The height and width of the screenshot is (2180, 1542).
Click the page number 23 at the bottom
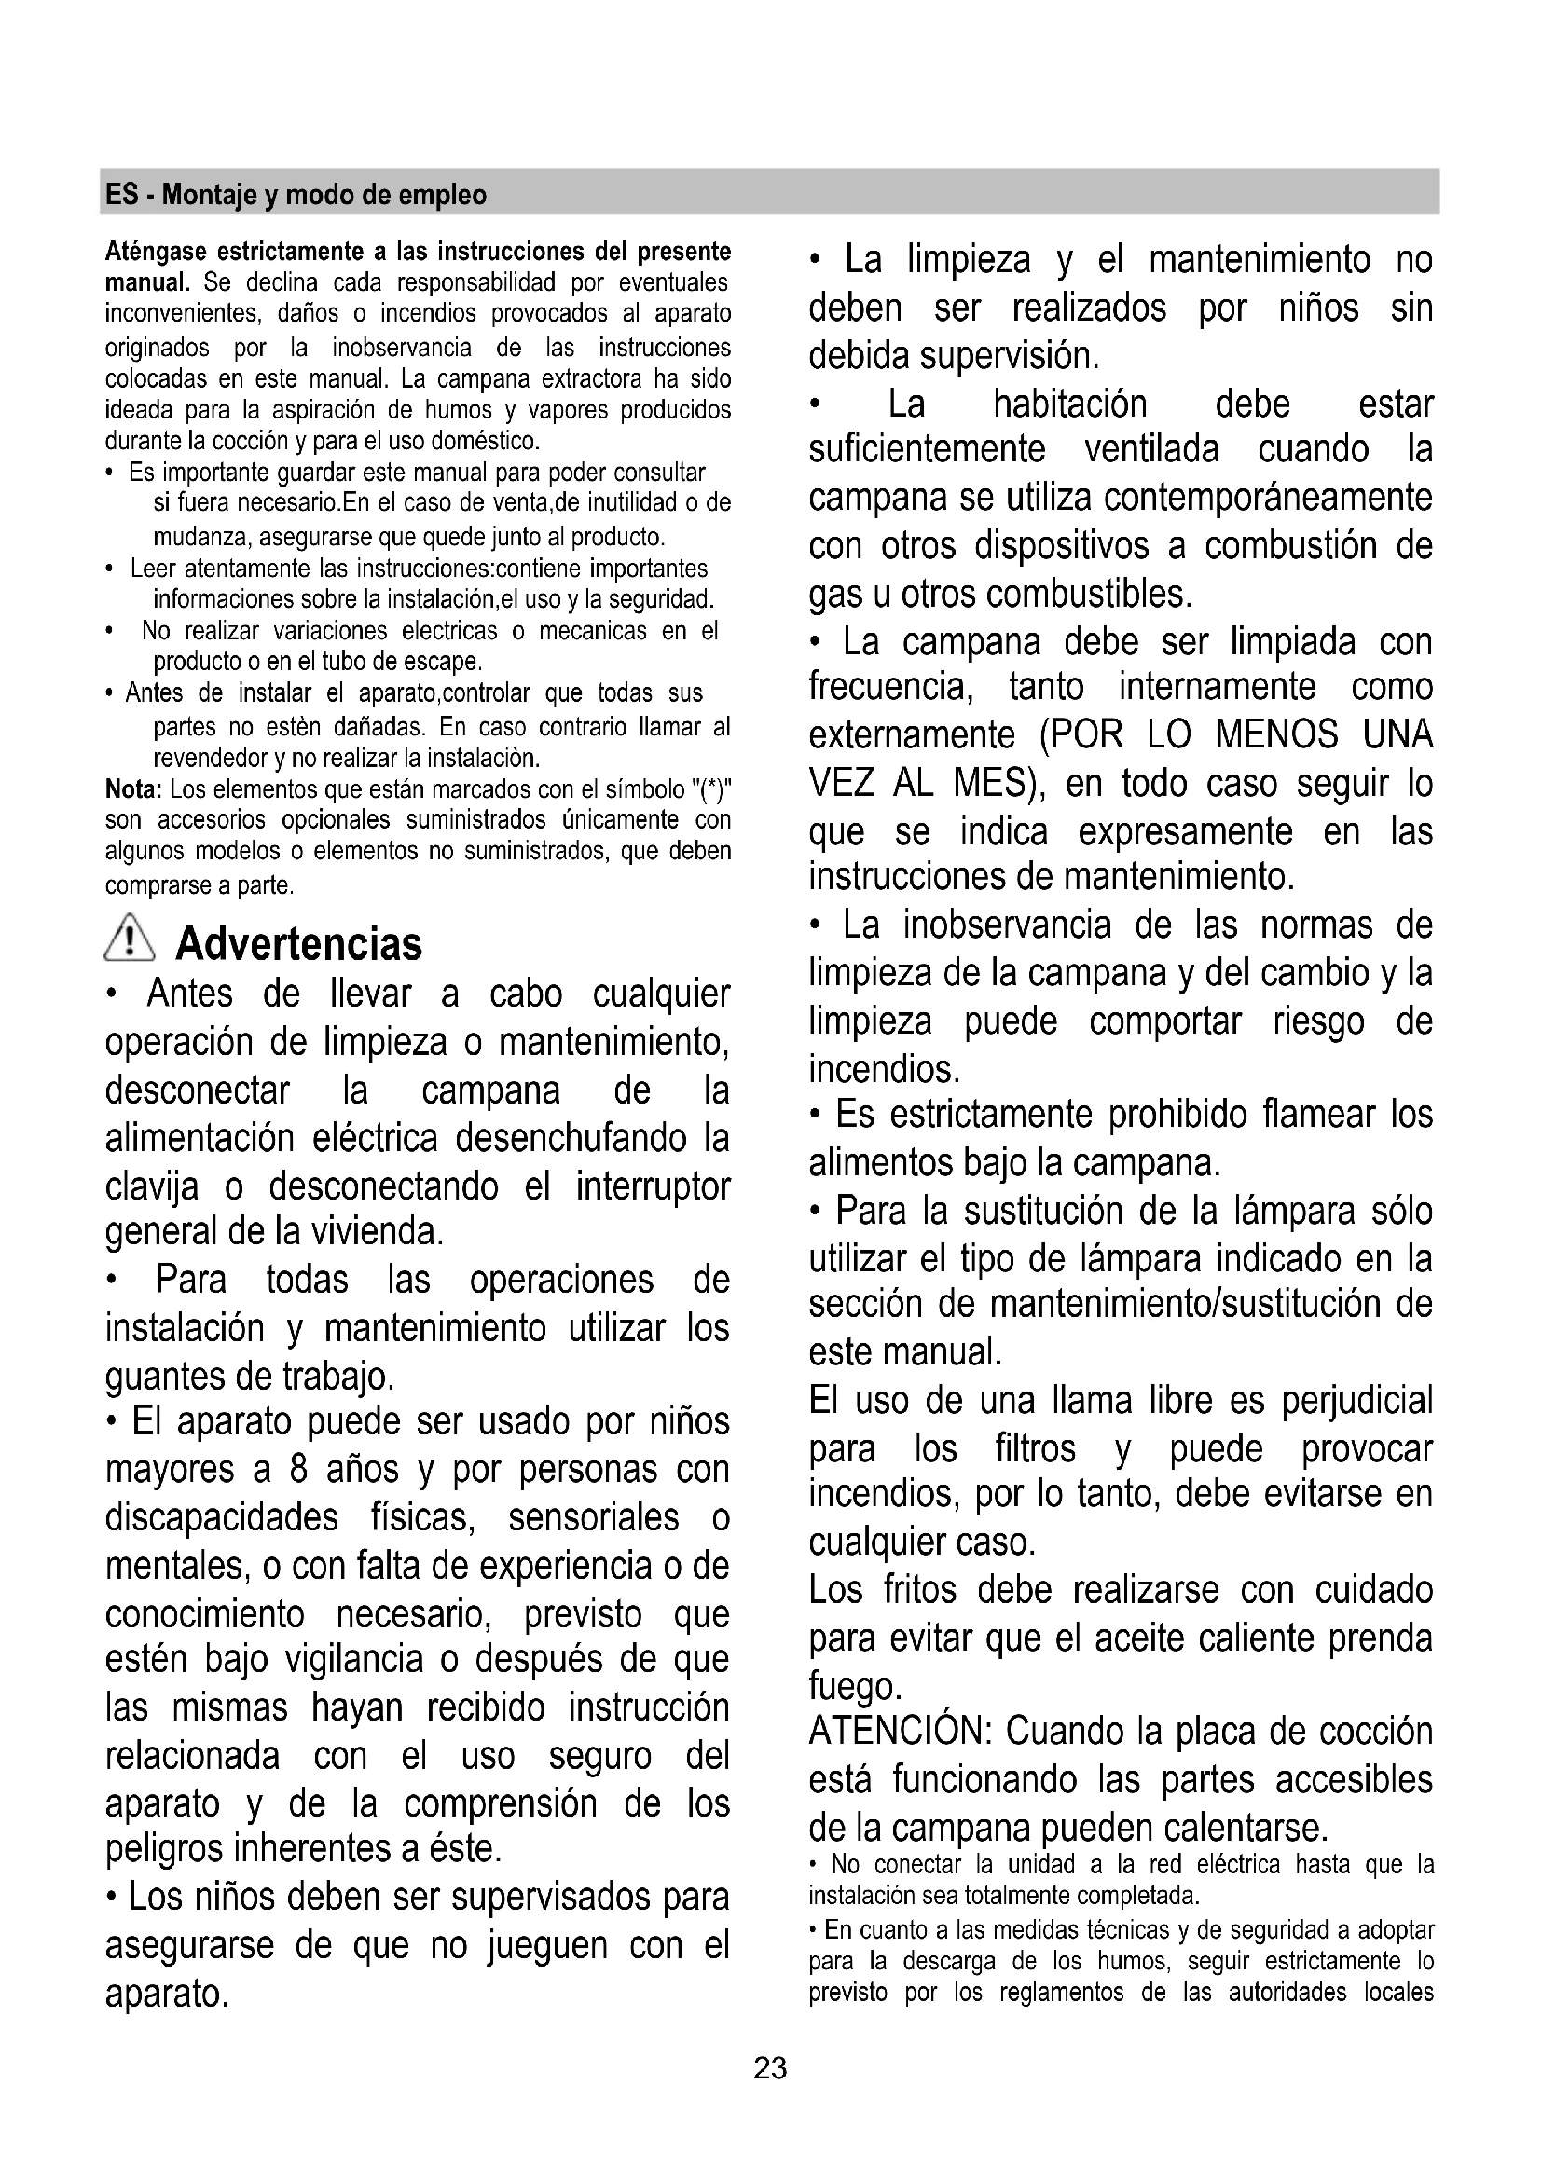click(x=770, y=2068)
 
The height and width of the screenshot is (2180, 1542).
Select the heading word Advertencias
click(x=299, y=944)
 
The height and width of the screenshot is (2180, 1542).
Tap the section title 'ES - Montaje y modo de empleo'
click(x=296, y=195)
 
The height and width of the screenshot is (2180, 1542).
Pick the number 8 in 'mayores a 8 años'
click(x=298, y=1470)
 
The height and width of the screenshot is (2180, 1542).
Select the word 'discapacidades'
click(x=221, y=1517)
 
